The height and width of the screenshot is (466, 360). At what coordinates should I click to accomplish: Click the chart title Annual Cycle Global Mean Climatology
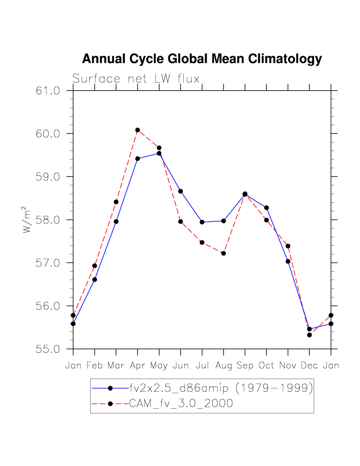(x=202, y=59)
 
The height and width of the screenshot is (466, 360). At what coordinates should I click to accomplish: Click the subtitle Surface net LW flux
(x=136, y=79)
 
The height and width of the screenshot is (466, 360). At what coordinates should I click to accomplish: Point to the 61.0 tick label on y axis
(x=48, y=91)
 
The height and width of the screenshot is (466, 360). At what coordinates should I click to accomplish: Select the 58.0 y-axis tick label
(x=48, y=220)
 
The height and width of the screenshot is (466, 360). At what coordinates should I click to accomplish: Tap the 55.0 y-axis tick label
(x=48, y=349)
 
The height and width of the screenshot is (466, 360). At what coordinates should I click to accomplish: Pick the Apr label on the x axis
(x=137, y=365)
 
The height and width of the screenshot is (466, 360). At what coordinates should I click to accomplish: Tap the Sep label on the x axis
(x=245, y=365)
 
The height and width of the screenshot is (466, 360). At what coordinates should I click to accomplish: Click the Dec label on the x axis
(x=309, y=365)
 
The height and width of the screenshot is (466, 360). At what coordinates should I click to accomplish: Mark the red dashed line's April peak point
(x=137, y=130)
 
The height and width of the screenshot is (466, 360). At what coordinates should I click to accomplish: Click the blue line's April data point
(x=137, y=158)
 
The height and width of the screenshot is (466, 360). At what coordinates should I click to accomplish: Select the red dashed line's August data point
(x=224, y=253)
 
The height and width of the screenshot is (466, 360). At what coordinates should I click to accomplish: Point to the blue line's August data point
(x=224, y=221)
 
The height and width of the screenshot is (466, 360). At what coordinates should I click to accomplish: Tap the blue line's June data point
(x=181, y=191)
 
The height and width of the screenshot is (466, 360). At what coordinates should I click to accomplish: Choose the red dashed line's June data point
(x=181, y=221)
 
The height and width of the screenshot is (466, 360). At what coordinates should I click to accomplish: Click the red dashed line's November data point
(x=288, y=246)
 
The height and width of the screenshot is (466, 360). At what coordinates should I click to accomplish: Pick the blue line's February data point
(x=95, y=280)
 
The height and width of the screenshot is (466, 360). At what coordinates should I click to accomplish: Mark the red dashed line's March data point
(x=116, y=202)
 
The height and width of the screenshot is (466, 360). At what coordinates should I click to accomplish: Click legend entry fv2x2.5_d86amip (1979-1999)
(x=221, y=388)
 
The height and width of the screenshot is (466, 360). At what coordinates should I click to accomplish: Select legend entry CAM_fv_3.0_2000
(x=181, y=403)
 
